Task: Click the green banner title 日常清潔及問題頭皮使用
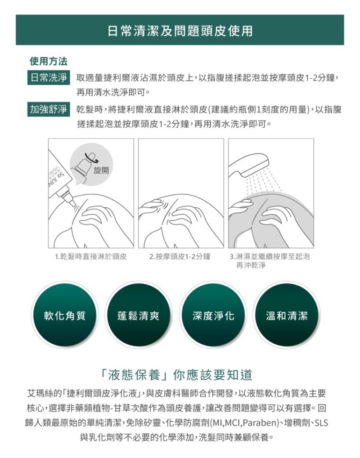180,31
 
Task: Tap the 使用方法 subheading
49,61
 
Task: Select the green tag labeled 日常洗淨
49,78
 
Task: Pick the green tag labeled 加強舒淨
49,109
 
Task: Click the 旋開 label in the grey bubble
101,170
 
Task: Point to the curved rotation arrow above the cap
91,157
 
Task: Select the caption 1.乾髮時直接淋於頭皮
91,256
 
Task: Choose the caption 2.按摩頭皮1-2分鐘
180,256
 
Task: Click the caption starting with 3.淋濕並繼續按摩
270,260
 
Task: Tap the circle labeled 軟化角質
65,315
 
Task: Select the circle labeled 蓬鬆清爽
138,315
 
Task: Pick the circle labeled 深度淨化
213,315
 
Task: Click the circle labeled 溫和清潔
287,315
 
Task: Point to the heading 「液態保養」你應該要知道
176,375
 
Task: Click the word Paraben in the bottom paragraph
260,423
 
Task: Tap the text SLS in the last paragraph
321,423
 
